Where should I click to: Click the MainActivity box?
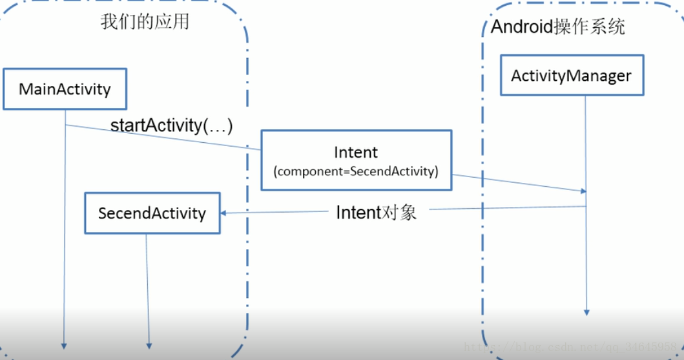pyautogui.click(x=65, y=89)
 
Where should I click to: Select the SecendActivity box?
pyautogui.click(x=152, y=213)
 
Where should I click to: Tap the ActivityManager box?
pyautogui.click(x=571, y=76)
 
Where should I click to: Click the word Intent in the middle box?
pyautogui.click(x=356, y=153)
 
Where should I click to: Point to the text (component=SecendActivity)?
pyautogui.click(x=356, y=171)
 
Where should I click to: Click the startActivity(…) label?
pyautogui.click(x=171, y=125)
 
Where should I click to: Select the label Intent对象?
pyautogui.click(x=377, y=213)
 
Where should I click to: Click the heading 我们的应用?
pyautogui.click(x=145, y=22)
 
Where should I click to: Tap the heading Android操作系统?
pyautogui.click(x=557, y=27)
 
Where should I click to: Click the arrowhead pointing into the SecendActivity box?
pyautogui.click(x=223, y=213)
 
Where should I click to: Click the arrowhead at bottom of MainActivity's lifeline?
pyautogui.click(x=65, y=345)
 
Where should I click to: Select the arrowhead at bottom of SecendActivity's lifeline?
pyautogui.click(x=149, y=345)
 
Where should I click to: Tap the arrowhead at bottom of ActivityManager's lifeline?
pyautogui.click(x=586, y=312)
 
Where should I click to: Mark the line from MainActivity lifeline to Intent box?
pyautogui.click(x=161, y=136)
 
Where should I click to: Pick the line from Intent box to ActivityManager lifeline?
pyautogui.click(x=517, y=183)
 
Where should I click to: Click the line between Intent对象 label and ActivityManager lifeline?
pyautogui.click(x=507, y=207)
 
